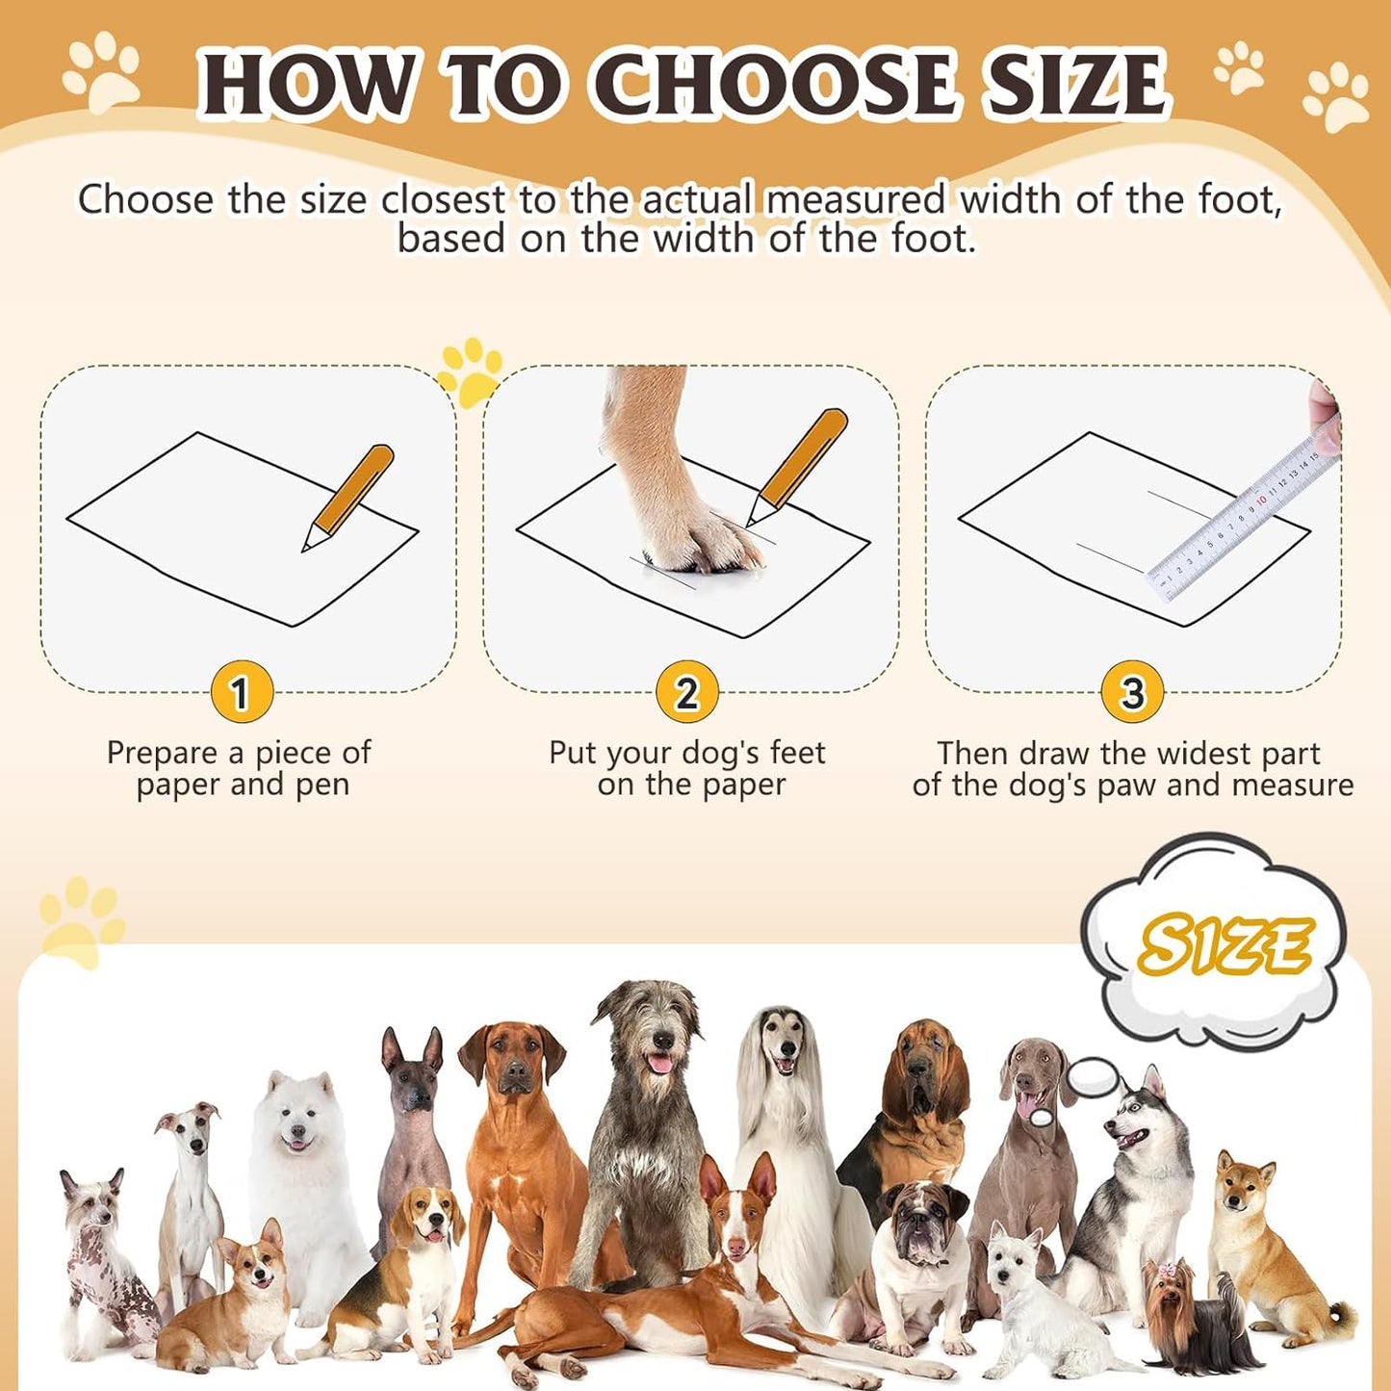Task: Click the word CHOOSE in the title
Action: point(781,85)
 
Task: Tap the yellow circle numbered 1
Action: point(242,692)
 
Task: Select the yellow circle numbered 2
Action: point(686,692)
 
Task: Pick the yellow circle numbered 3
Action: point(1132,692)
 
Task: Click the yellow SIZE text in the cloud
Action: point(1224,944)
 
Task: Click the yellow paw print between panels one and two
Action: point(470,371)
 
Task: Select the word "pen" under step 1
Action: point(322,786)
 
